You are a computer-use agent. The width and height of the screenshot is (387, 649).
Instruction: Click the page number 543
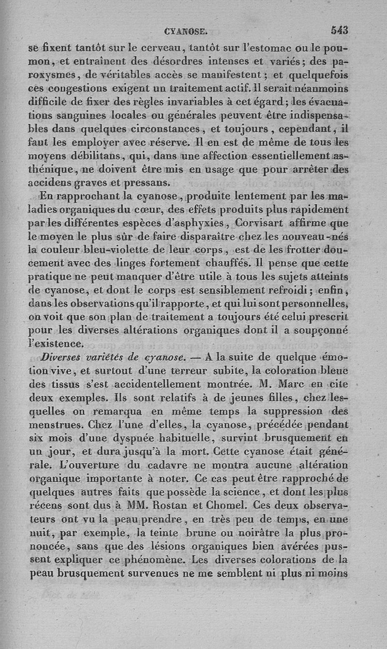click(340, 30)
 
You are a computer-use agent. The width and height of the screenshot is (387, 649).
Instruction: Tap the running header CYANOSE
click(186, 32)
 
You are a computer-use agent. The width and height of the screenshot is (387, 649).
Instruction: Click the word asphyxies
click(197, 223)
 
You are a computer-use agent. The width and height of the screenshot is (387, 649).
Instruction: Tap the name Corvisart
click(258, 223)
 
